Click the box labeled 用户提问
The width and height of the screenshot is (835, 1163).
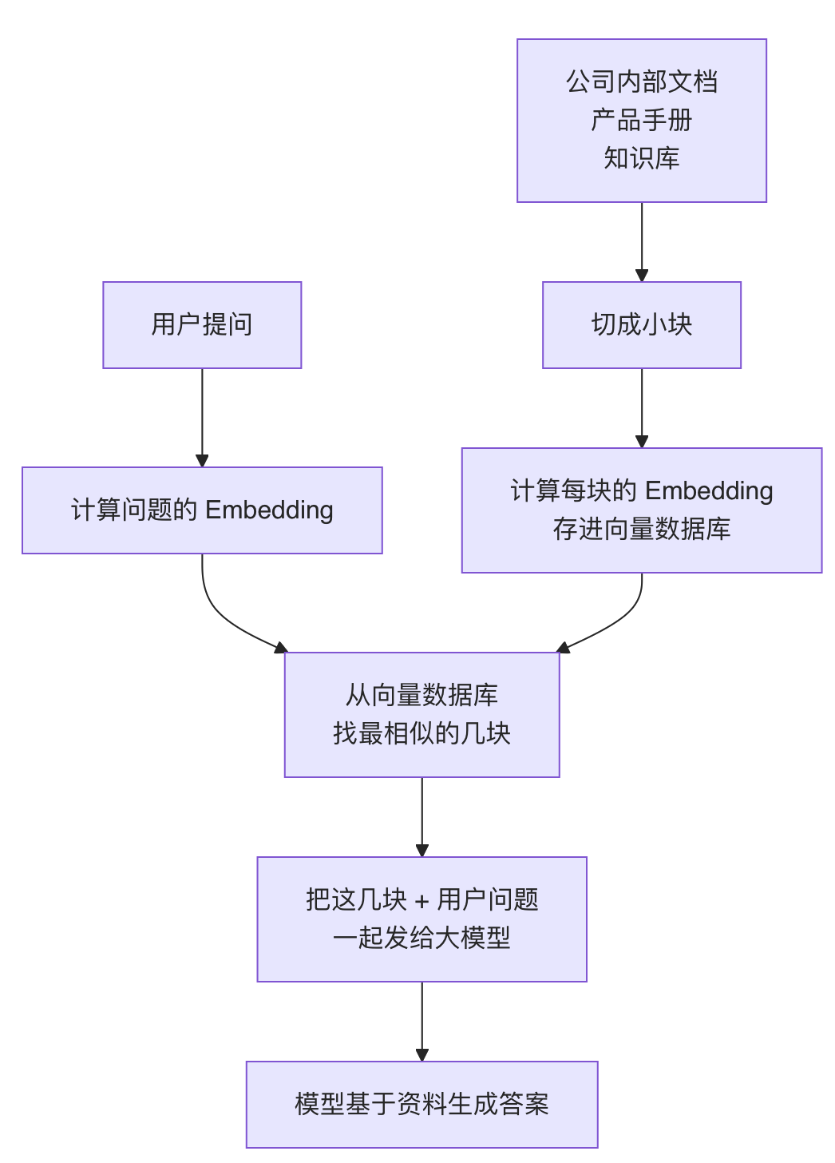coord(202,325)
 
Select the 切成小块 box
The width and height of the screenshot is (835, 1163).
coord(642,325)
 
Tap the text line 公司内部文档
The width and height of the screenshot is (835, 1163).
coord(642,82)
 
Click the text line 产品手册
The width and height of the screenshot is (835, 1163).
coord(642,120)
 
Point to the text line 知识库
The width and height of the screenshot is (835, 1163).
coord(642,158)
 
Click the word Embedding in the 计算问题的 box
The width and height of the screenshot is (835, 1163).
coord(269,510)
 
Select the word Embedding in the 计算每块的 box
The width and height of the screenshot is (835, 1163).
coord(709,490)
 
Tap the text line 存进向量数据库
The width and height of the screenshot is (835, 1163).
coord(642,529)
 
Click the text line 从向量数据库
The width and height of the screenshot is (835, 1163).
coord(422,695)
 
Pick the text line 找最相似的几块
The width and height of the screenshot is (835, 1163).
coord(422,733)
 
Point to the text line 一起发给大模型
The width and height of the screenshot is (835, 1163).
coord(422,938)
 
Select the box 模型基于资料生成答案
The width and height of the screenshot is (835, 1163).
coord(422,1104)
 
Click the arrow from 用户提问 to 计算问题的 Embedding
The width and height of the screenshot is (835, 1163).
coord(202,418)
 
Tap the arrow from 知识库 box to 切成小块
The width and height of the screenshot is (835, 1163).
coord(642,242)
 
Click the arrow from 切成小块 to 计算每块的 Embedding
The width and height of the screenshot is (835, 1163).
coord(642,408)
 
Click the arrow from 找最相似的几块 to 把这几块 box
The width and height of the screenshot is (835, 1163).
coord(422,817)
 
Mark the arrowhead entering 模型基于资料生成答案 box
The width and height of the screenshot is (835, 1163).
coord(422,1054)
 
